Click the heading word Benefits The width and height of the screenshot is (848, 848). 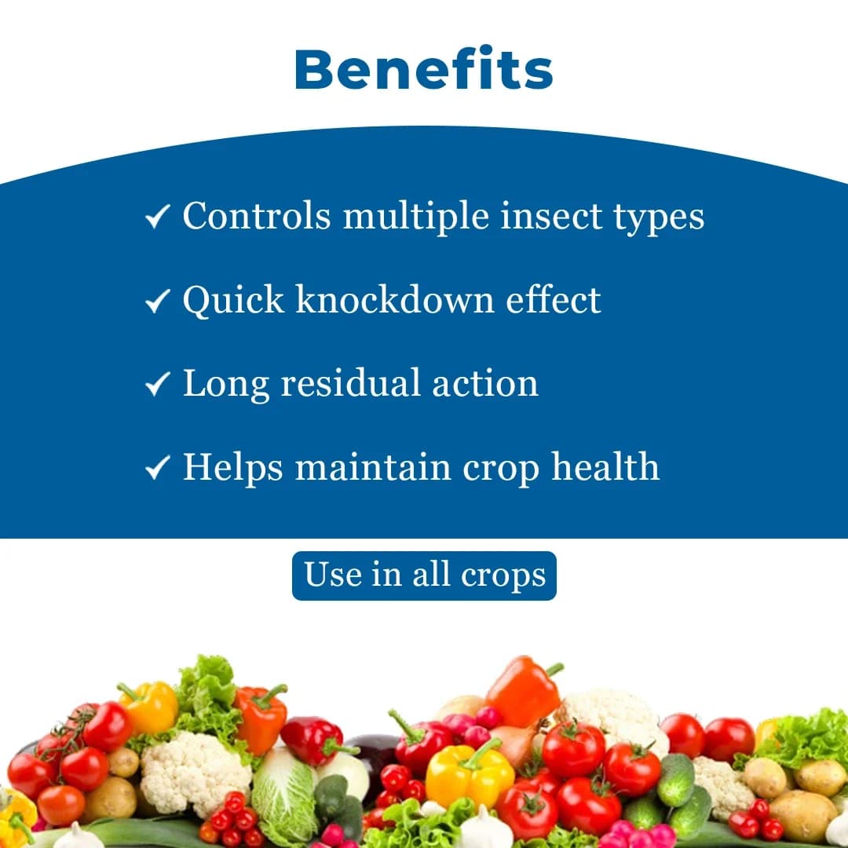(424, 70)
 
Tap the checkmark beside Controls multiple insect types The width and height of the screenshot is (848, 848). (158, 217)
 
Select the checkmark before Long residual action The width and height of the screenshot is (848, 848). (158, 384)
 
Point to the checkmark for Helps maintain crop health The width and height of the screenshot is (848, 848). (158, 468)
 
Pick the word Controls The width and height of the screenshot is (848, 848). (256, 216)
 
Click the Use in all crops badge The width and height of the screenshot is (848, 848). (424, 576)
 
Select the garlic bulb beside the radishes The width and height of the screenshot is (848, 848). (484, 828)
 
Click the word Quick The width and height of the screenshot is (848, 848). (232, 299)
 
